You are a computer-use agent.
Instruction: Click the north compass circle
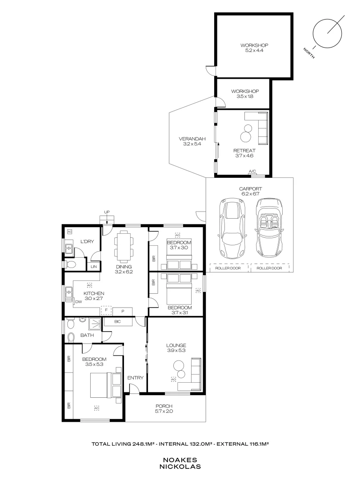tap(328, 33)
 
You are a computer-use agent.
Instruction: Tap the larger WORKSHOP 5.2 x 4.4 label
tap(254, 48)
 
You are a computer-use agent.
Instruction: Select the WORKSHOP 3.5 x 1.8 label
tap(244, 94)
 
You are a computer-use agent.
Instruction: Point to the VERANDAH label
tap(189, 141)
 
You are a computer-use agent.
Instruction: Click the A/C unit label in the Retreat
tap(252, 172)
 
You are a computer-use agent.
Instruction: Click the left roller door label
tap(227, 268)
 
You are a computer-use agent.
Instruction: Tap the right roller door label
tap(269, 268)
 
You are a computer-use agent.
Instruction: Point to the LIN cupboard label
tap(93, 267)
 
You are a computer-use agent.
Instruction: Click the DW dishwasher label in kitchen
tap(78, 302)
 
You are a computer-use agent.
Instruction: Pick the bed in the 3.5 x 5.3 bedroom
tap(106, 385)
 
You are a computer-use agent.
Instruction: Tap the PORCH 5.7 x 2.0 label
tap(164, 409)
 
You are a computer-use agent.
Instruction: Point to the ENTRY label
tap(135, 378)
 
